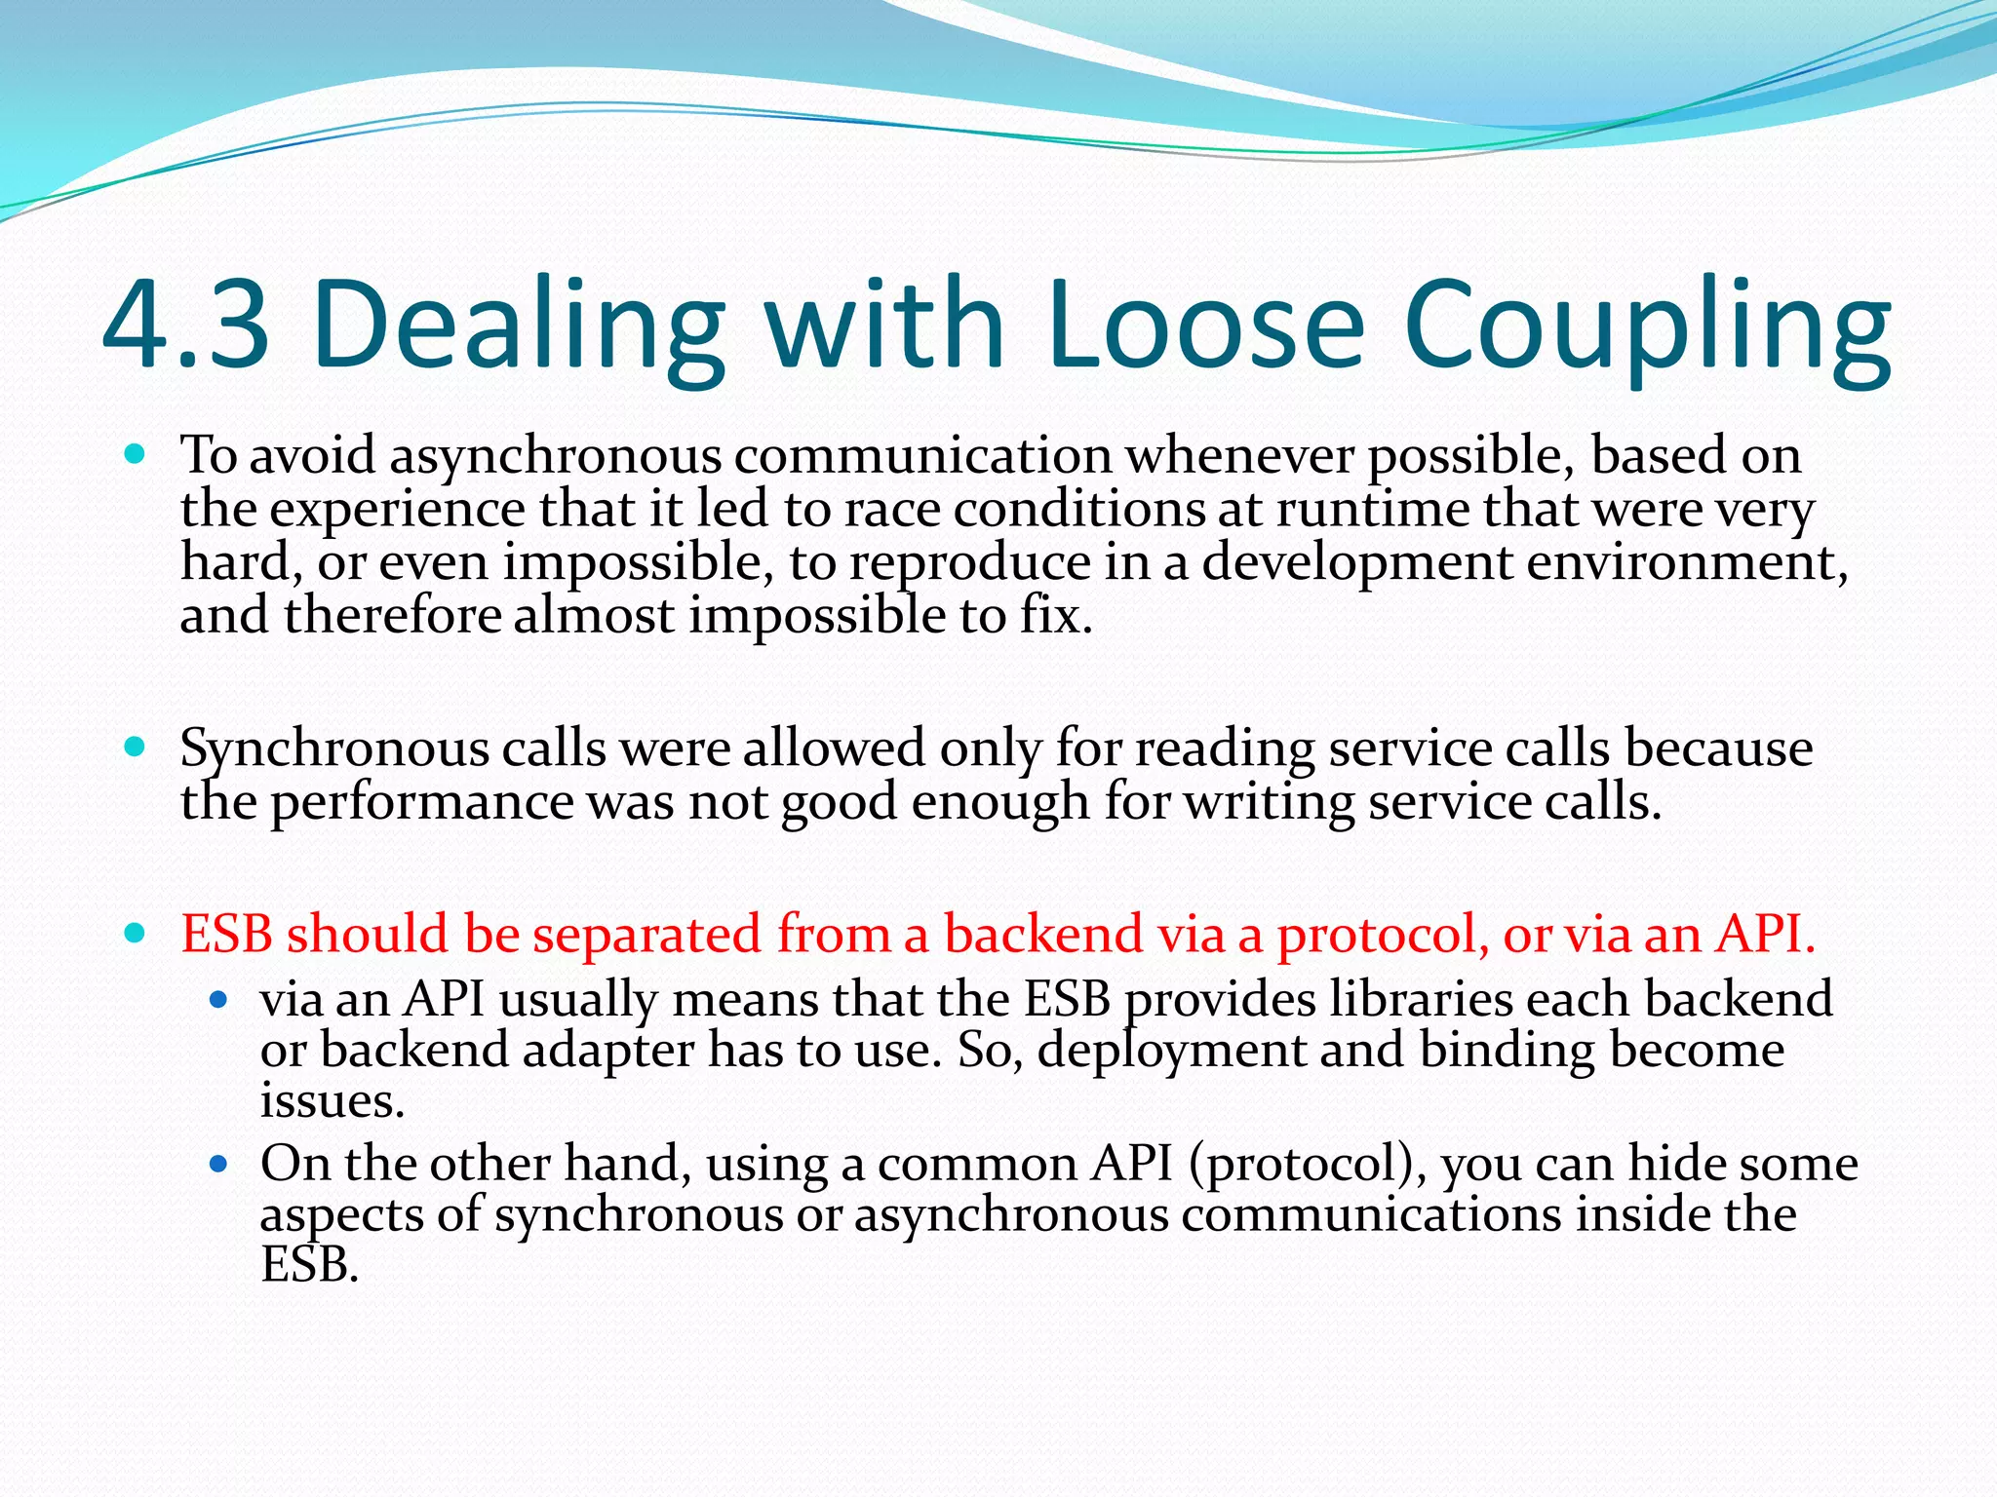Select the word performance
(421, 804)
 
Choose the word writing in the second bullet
(1268, 804)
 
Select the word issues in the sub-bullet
(332, 1101)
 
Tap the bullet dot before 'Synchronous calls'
(136, 748)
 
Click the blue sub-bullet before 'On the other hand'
(218, 1163)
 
